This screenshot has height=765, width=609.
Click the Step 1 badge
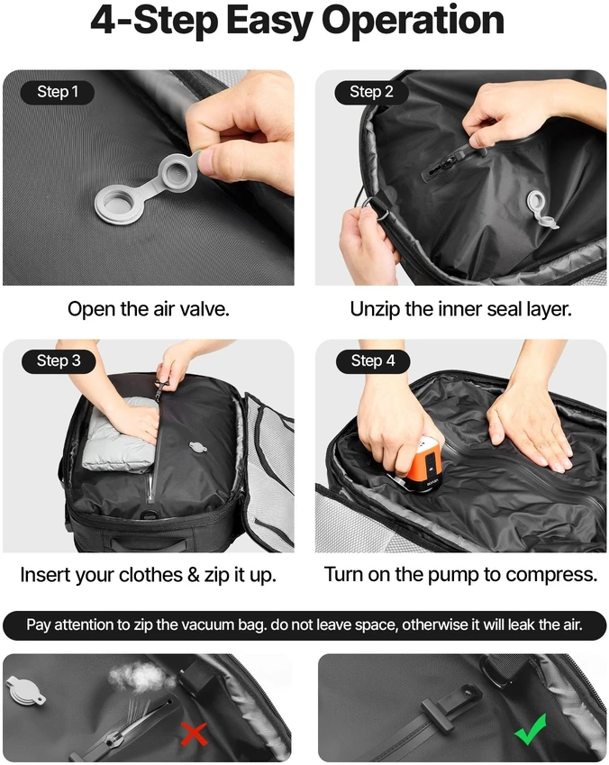(x=58, y=92)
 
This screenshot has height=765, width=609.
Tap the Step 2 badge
(x=371, y=92)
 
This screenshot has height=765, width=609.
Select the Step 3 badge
(x=59, y=361)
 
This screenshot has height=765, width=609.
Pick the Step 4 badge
(x=373, y=361)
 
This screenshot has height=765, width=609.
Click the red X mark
(x=194, y=733)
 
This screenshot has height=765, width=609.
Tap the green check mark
(x=531, y=729)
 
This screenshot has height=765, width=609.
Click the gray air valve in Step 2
(x=541, y=208)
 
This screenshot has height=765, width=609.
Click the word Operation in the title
(x=413, y=21)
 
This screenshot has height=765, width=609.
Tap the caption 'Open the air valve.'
(x=149, y=309)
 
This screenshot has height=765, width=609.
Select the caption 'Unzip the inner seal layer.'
(x=460, y=309)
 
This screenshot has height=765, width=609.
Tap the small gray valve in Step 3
(x=197, y=446)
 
